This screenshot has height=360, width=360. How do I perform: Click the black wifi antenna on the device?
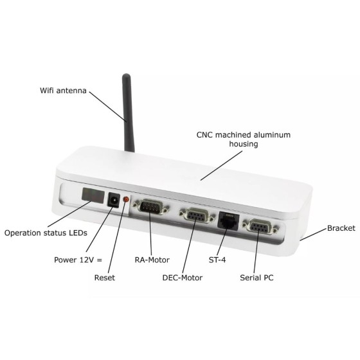tap(128, 113)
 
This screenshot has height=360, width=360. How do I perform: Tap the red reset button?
tap(126, 199)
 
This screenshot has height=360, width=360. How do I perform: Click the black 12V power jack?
tap(114, 200)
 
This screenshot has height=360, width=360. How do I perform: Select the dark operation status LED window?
tap(93, 195)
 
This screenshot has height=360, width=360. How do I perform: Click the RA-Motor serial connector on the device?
tap(151, 207)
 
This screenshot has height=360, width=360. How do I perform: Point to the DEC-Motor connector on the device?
tap(197, 215)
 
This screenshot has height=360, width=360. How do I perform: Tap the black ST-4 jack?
tap(228, 221)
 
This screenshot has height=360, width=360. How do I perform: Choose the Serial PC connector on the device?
tap(260, 227)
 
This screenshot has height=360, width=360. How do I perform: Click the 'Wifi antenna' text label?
tap(63, 91)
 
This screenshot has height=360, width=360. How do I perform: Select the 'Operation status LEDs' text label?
tap(46, 233)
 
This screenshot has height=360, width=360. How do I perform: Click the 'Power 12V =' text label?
tap(78, 260)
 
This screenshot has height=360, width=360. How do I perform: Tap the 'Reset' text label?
tap(104, 278)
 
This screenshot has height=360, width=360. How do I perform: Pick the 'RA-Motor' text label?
tap(152, 260)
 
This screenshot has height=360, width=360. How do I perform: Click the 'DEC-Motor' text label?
tap(183, 278)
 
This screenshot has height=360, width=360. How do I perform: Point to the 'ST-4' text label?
tap(217, 260)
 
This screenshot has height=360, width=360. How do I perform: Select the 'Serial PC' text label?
tap(256, 278)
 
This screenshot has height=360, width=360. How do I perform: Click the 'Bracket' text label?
tap(341, 228)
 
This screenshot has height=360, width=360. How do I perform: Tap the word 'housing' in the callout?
tap(244, 144)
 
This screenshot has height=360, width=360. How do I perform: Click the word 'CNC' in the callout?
tap(204, 135)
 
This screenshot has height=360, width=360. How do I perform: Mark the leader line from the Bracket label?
tap(313, 235)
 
